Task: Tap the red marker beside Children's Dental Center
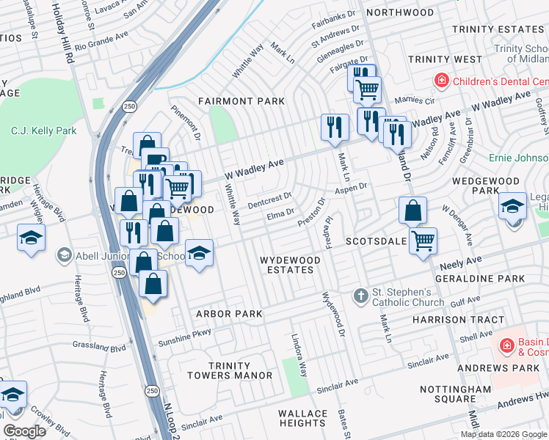(x=442, y=81)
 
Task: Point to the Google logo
(x=25, y=431)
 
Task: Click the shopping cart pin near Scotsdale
(x=423, y=241)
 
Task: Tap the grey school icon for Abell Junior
(x=64, y=256)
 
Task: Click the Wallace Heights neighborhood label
(x=303, y=419)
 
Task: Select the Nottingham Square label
(x=450, y=394)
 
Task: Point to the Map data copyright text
(x=503, y=433)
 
